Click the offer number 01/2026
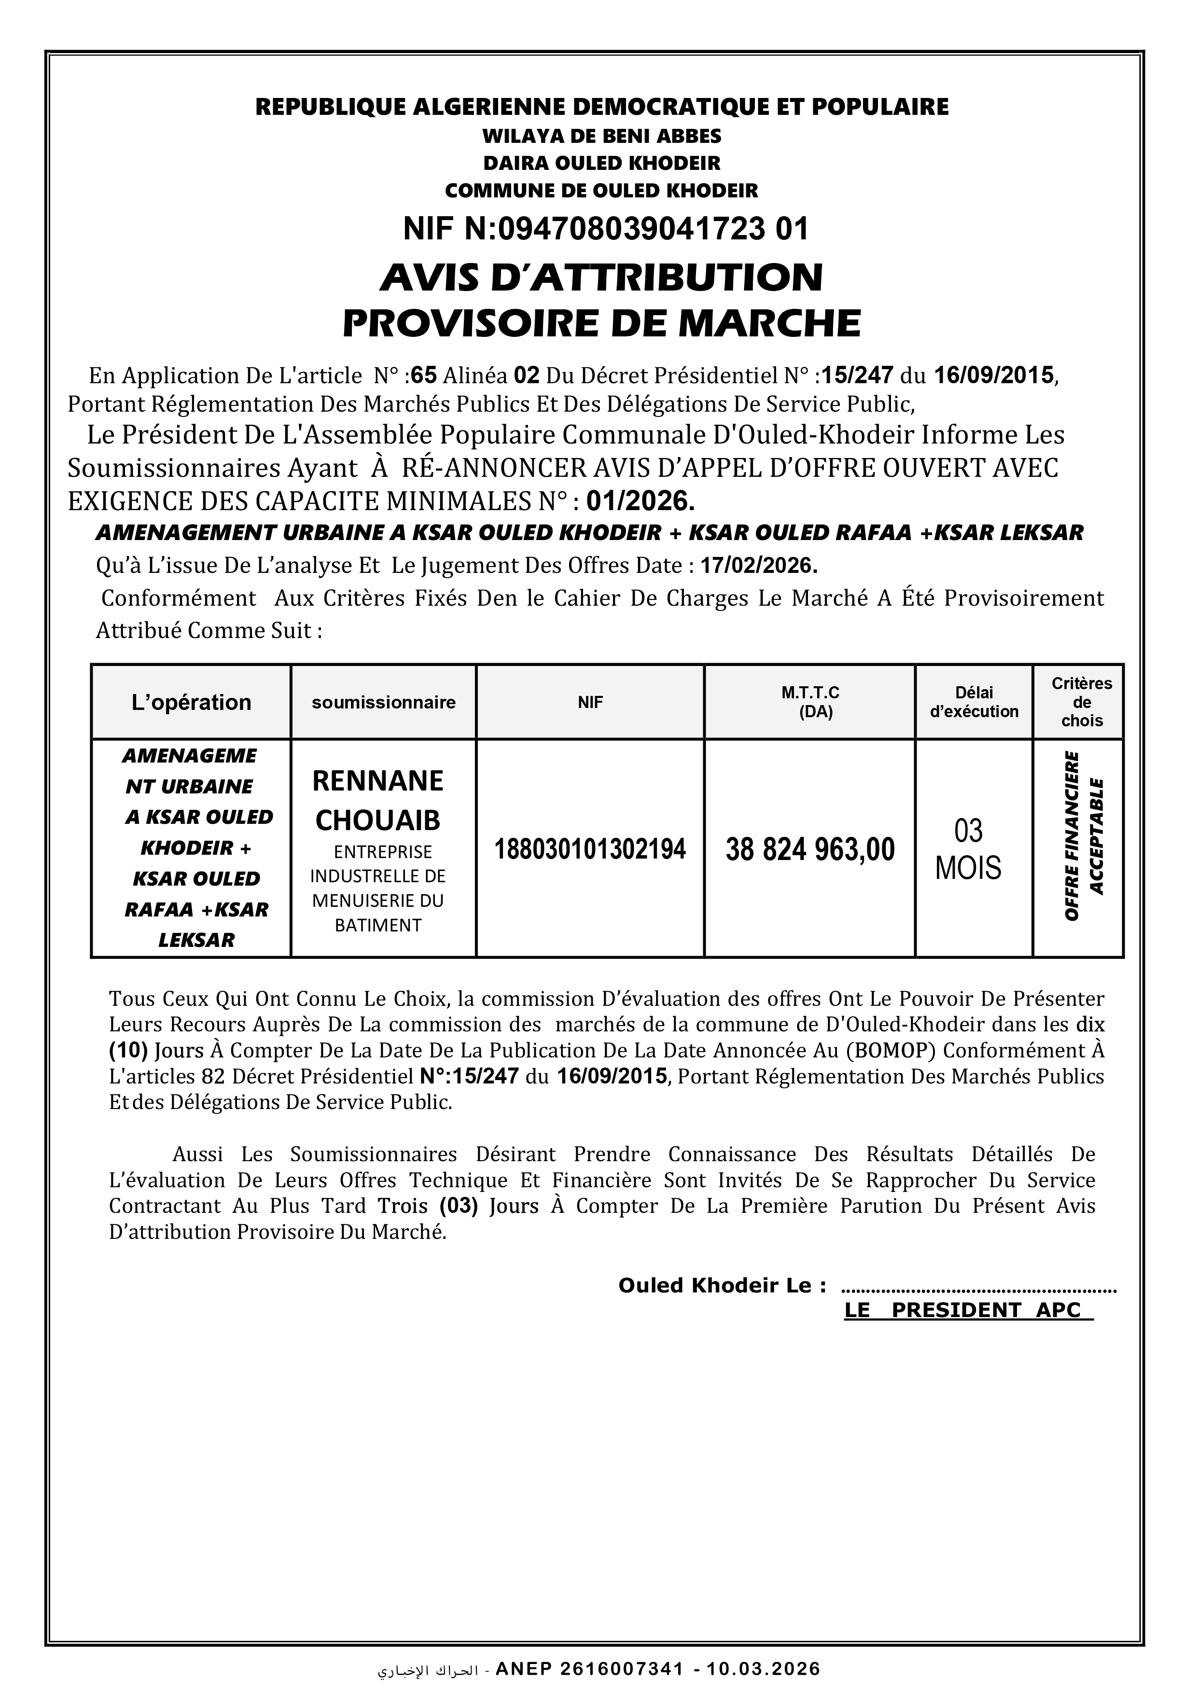(x=640, y=501)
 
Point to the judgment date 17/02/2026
(x=759, y=566)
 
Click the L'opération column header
(x=191, y=702)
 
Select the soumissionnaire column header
(x=384, y=702)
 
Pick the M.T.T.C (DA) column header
(x=810, y=702)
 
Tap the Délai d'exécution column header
(x=974, y=702)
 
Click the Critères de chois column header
(x=1081, y=702)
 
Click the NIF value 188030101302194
(x=590, y=849)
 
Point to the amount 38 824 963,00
(x=810, y=849)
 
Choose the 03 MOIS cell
(x=968, y=849)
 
